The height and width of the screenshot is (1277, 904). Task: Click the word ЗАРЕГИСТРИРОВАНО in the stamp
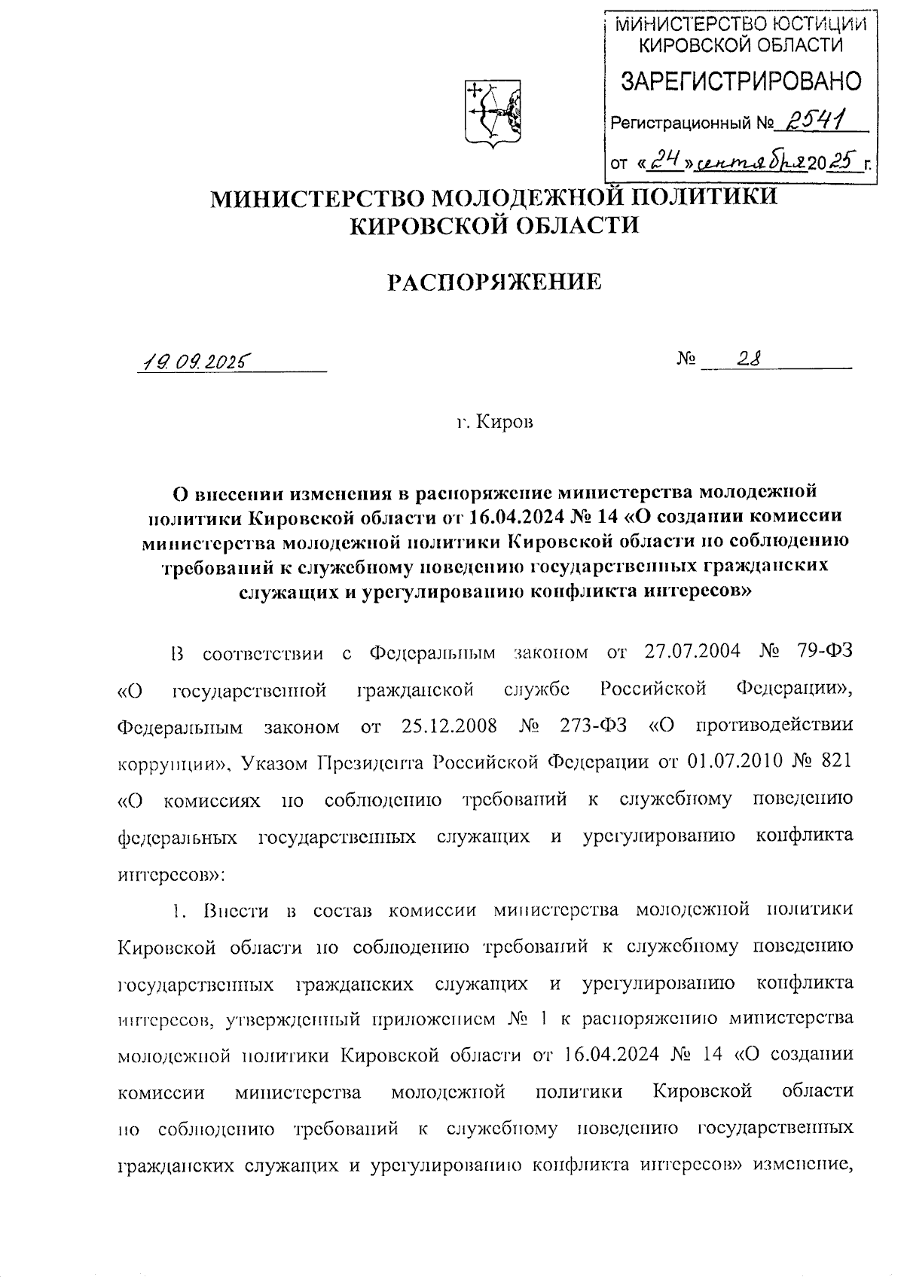(x=741, y=81)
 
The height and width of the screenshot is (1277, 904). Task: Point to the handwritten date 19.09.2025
(x=194, y=362)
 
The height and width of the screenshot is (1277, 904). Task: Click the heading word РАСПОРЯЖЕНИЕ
(x=494, y=283)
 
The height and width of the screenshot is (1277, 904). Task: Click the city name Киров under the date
(x=508, y=423)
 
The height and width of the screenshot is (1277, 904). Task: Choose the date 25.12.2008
(x=449, y=726)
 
